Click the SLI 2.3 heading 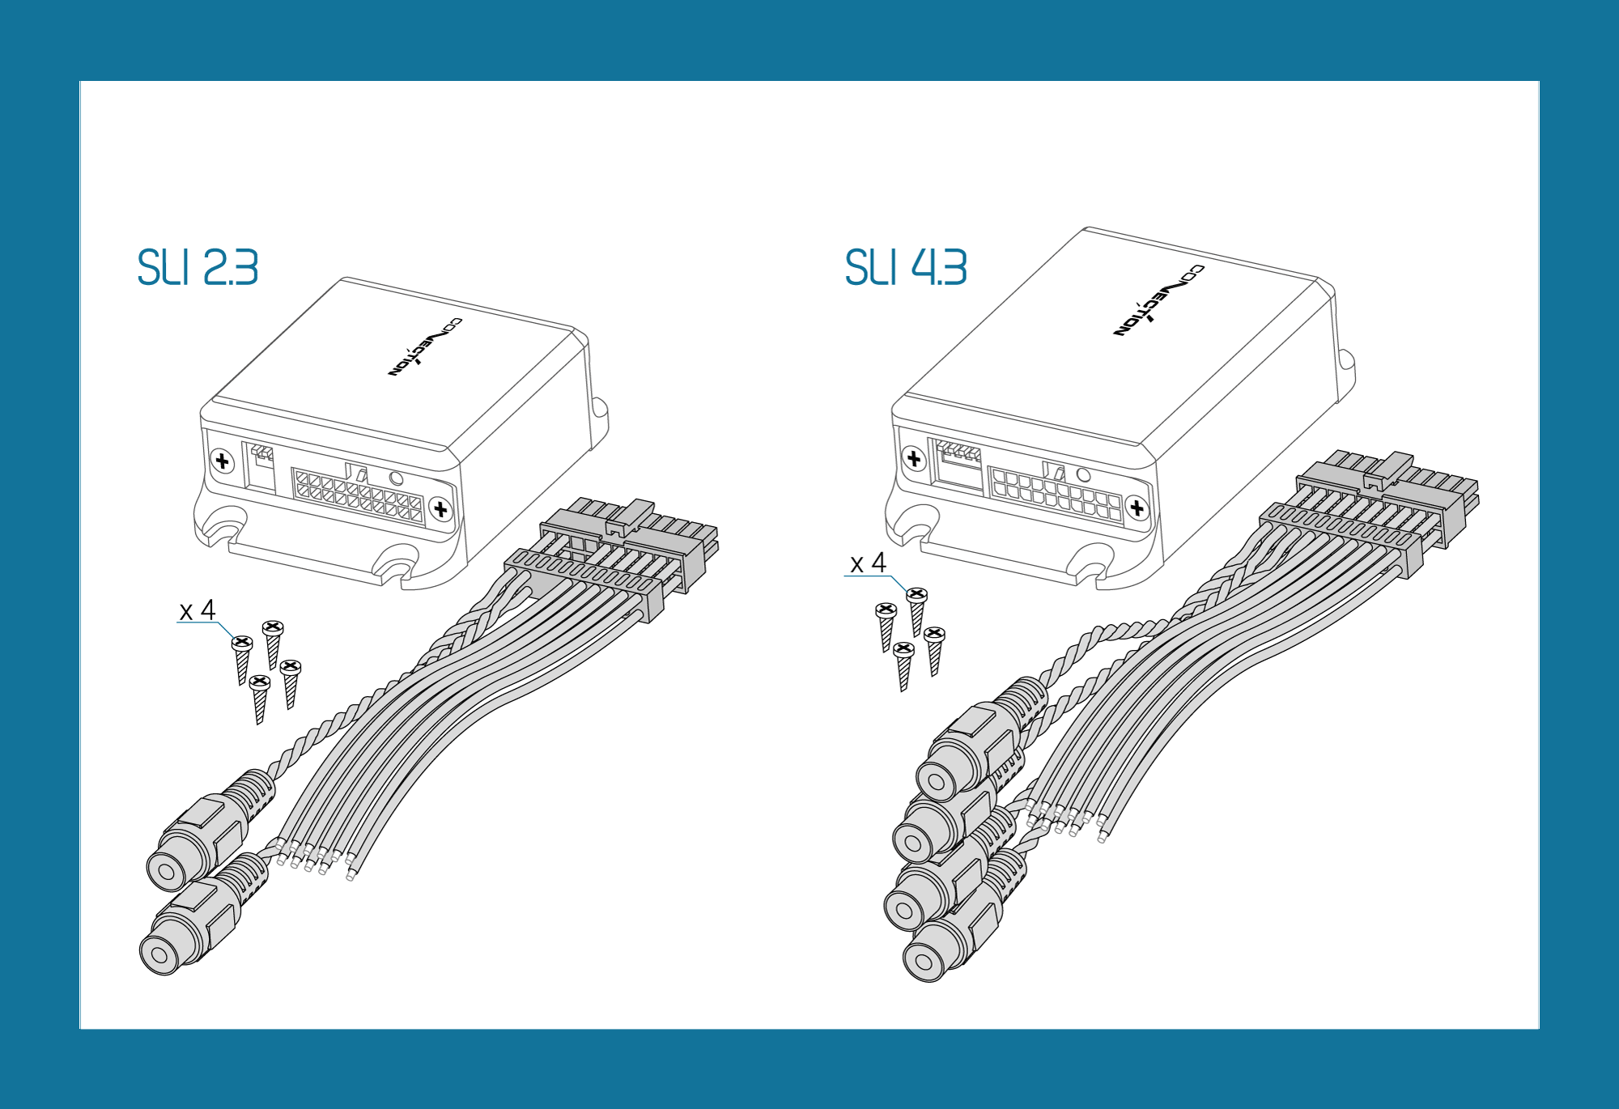[x=198, y=267]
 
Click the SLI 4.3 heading [x=906, y=267]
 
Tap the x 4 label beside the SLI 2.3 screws [x=198, y=610]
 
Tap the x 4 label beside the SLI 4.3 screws [x=868, y=563]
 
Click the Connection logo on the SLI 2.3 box [x=425, y=346]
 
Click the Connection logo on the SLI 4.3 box [x=1158, y=300]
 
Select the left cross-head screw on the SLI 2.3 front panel [x=222, y=461]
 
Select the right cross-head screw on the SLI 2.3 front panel [x=440, y=509]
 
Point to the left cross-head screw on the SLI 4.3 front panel [x=914, y=459]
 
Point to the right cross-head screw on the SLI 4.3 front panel [x=1137, y=508]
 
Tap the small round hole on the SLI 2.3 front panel [x=396, y=478]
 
